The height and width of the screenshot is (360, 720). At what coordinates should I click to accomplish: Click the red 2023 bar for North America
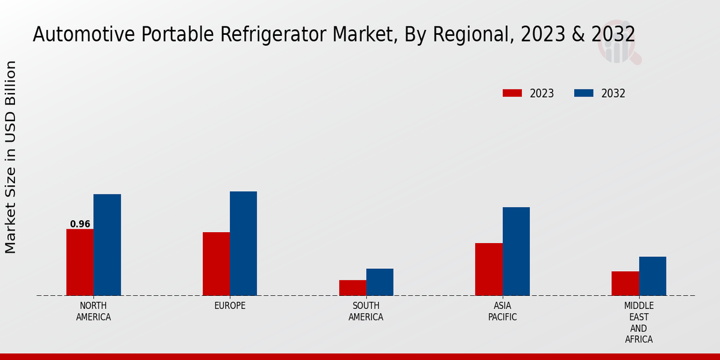click(x=80, y=262)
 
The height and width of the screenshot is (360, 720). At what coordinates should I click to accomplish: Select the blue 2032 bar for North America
click(x=107, y=245)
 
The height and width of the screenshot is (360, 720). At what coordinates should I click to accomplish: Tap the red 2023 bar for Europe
click(x=216, y=264)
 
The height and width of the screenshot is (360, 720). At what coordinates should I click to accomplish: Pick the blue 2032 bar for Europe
click(x=243, y=244)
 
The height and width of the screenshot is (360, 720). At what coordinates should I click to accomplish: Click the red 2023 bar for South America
click(x=352, y=288)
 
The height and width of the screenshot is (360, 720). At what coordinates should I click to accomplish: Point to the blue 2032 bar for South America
click(x=380, y=282)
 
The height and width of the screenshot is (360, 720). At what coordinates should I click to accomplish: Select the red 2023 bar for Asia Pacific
click(x=488, y=269)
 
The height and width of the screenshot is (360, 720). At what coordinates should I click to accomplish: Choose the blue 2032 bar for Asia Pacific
click(x=516, y=251)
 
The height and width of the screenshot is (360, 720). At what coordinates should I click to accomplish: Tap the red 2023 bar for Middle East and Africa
click(x=625, y=283)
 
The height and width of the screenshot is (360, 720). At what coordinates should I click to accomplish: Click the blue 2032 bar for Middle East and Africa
click(x=652, y=276)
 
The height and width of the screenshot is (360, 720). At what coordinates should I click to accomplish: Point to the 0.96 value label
click(x=80, y=224)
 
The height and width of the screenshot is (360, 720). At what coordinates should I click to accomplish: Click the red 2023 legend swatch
click(x=512, y=93)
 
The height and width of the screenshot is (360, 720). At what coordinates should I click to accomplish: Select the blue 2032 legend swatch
click(x=583, y=93)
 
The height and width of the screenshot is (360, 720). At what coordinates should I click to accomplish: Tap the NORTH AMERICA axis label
click(x=94, y=311)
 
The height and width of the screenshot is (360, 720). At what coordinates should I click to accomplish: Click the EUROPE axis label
click(x=230, y=306)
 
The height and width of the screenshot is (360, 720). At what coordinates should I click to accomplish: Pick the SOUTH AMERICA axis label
click(x=366, y=311)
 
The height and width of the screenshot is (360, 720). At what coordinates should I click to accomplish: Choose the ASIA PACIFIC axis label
click(x=502, y=311)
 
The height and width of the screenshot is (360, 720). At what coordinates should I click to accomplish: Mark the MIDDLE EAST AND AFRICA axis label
click(x=639, y=323)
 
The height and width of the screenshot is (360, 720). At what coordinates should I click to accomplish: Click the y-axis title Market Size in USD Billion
click(x=11, y=157)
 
